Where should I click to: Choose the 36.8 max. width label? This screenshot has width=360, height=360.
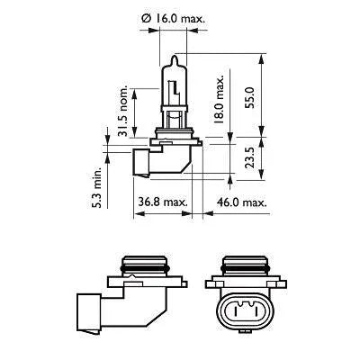tap(162, 203)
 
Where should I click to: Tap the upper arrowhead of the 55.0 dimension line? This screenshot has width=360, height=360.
tap(261, 61)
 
